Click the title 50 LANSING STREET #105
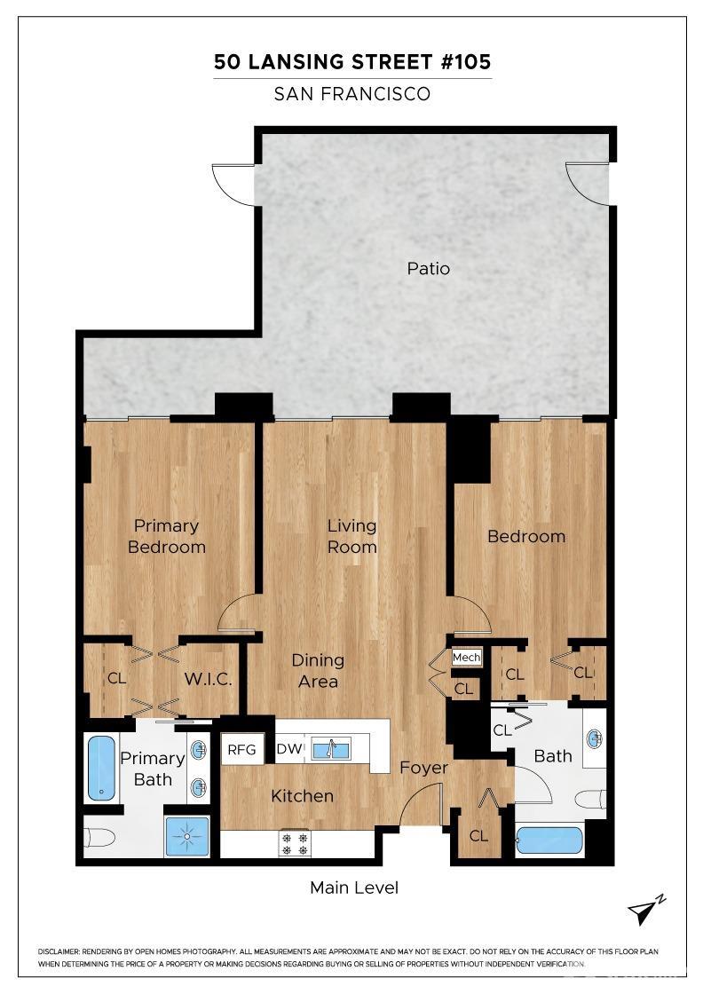pos(352,62)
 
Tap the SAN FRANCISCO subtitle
pos(352,94)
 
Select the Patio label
pos(429,268)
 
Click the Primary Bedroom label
pos(167,537)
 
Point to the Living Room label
pos(352,537)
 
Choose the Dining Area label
pos(318,671)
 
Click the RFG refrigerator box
pos(241,750)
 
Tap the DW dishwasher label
pos(288,750)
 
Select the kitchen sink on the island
pos(330,749)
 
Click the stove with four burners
pos(295,843)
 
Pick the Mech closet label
pos(466,658)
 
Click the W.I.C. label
pos(209,680)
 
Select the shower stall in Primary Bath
pos(187,836)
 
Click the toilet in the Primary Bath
pos(99,838)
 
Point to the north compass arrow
pos(646,911)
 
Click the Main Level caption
pos(354,887)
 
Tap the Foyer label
pos(423,768)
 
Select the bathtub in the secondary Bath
pos(549,840)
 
